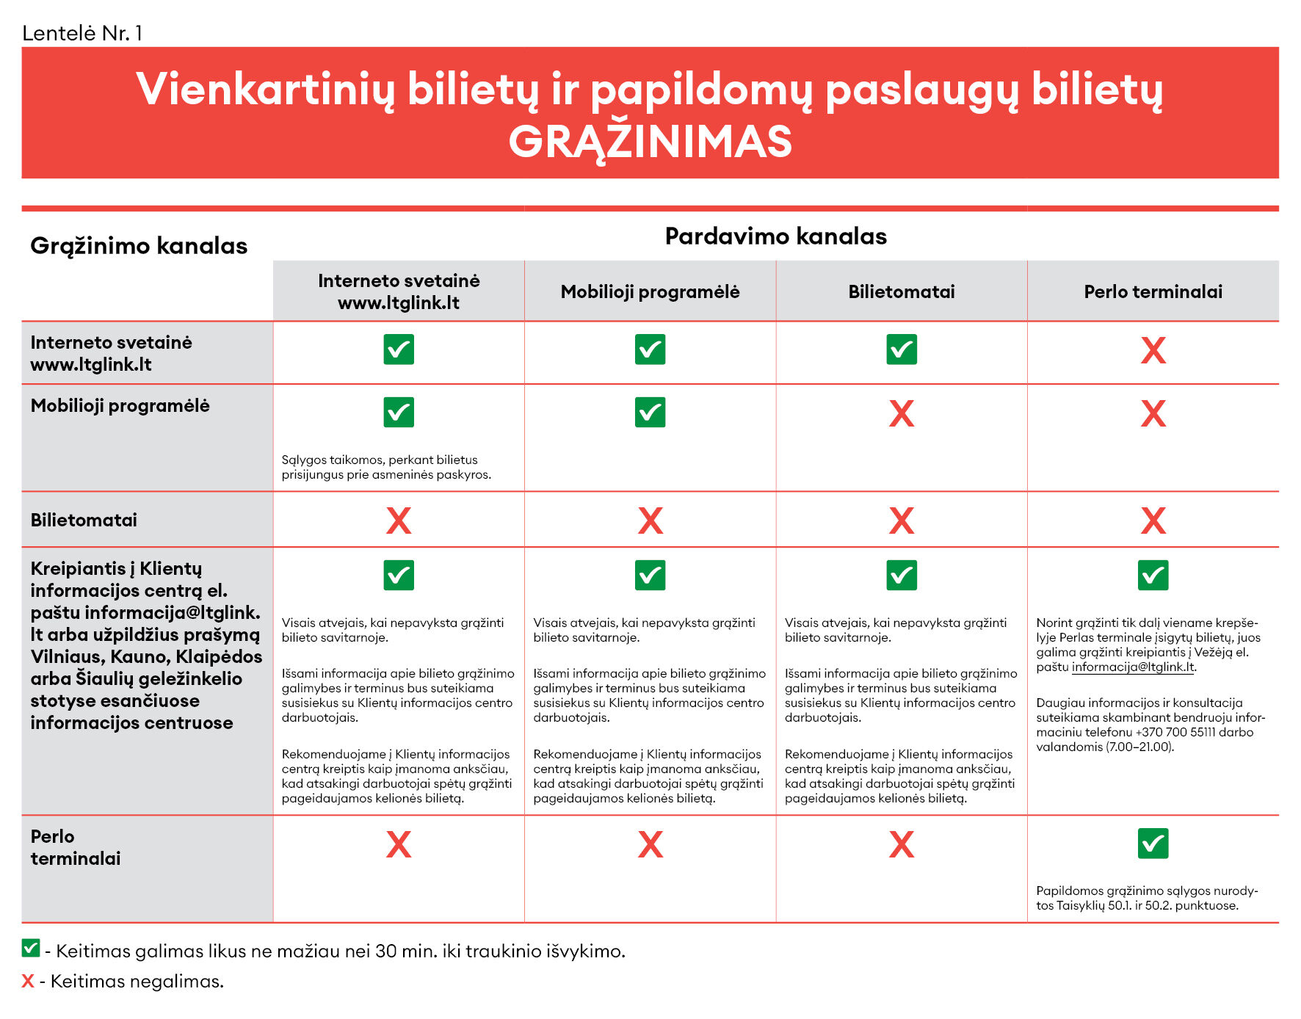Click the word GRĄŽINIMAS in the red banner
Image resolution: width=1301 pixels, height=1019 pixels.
click(x=650, y=142)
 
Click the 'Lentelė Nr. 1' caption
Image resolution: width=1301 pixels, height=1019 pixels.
click(x=82, y=33)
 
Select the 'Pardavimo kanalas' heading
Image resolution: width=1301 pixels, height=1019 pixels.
click(x=775, y=236)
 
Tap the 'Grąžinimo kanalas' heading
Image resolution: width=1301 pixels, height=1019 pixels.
click(x=139, y=246)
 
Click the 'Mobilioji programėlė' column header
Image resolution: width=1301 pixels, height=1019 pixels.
click(x=650, y=292)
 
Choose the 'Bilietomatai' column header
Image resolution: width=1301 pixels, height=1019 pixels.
click(x=901, y=292)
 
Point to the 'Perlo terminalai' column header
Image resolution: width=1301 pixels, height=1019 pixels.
click(x=1153, y=292)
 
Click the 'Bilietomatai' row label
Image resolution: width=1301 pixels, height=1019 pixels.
click(x=84, y=521)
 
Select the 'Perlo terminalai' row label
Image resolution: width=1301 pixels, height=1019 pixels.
click(x=75, y=847)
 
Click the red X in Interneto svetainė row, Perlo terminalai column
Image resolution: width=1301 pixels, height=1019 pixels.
click(x=1153, y=351)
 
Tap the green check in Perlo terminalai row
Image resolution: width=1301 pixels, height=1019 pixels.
click(x=1153, y=844)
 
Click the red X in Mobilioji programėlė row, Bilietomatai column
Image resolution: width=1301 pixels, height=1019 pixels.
click(x=901, y=414)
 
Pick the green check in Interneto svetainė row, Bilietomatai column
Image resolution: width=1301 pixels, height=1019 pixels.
click(x=901, y=349)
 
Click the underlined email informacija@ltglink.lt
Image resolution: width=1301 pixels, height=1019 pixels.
click(x=1133, y=667)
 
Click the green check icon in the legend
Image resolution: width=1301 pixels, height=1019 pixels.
click(x=31, y=948)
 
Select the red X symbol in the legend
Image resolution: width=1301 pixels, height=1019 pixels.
click(x=28, y=982)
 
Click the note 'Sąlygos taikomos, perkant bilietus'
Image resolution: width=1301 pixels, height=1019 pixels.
click(x=380, y=460)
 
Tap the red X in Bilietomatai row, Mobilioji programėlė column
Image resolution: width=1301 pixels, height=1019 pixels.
click(x=650, y=521)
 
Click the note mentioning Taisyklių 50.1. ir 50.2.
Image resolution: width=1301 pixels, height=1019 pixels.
click(x=1146, y=899)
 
